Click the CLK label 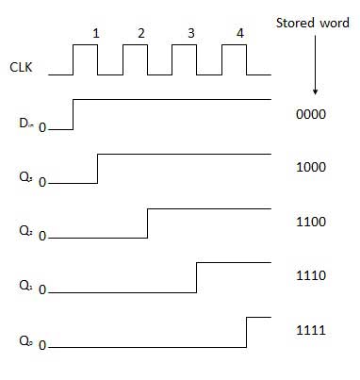click(17, 68)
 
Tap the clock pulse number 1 click(96, 33)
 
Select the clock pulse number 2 click(141, 33)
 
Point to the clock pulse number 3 click(191, 33)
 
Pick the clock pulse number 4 click(239, 33)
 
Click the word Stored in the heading click(295, 21)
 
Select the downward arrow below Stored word click(315, 76)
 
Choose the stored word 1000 click(310, 167)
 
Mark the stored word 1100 click(310, 222)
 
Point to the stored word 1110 click(310, 276)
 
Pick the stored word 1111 click(310, 331)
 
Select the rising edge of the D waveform click(73, 113)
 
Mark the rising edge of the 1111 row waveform click(246, 332)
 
